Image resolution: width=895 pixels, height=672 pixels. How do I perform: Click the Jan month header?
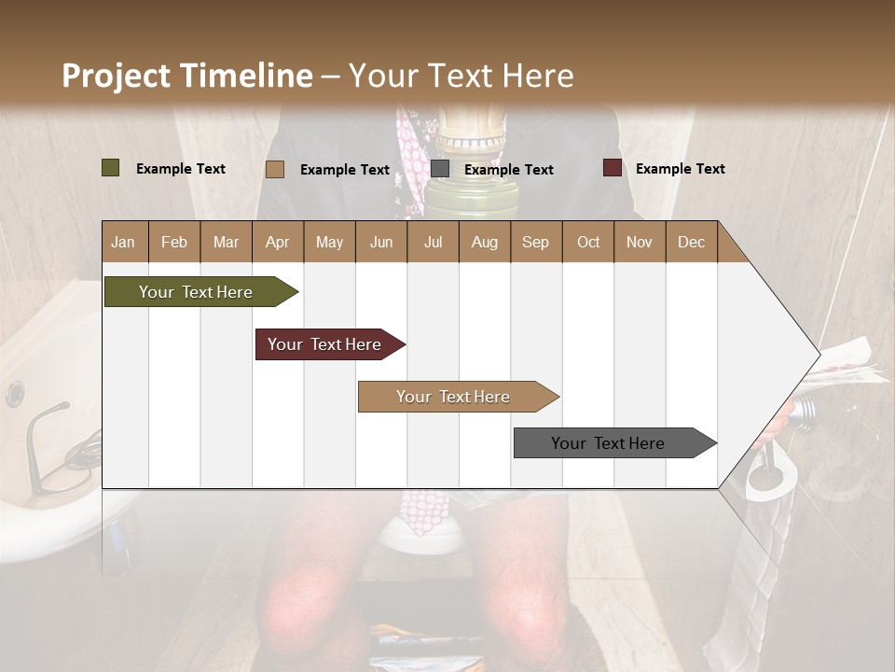click(x=123, y=242)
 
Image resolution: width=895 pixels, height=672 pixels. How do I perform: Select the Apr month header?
click(x=277, y=242)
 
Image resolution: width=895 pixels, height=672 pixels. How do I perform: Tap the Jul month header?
click(x=433, y=242)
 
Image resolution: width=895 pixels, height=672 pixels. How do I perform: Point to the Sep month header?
click(x=535, y=242)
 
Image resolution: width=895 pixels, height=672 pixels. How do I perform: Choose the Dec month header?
click(x=691, y=242)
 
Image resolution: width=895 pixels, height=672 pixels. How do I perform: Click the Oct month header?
click(x=588, y=242)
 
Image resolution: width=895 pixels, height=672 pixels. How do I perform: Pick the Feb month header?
click(x=174, y=242)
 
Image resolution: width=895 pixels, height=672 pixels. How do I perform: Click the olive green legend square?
click(x=111, y=168)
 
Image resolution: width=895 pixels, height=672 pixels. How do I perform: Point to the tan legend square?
click(x=275, y=169)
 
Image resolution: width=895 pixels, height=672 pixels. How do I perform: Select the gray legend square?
click(x=440, y=169)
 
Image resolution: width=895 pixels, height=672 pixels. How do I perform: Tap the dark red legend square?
click(x=612, y=168)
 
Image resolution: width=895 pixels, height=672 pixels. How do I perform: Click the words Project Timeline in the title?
click(x=186, y=76)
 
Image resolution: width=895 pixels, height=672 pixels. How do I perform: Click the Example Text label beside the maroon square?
click(x=680, y=168)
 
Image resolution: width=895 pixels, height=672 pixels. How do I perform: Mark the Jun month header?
click(x=381, y=242)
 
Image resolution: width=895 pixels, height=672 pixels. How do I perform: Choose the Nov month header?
click(x=640, y=242)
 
